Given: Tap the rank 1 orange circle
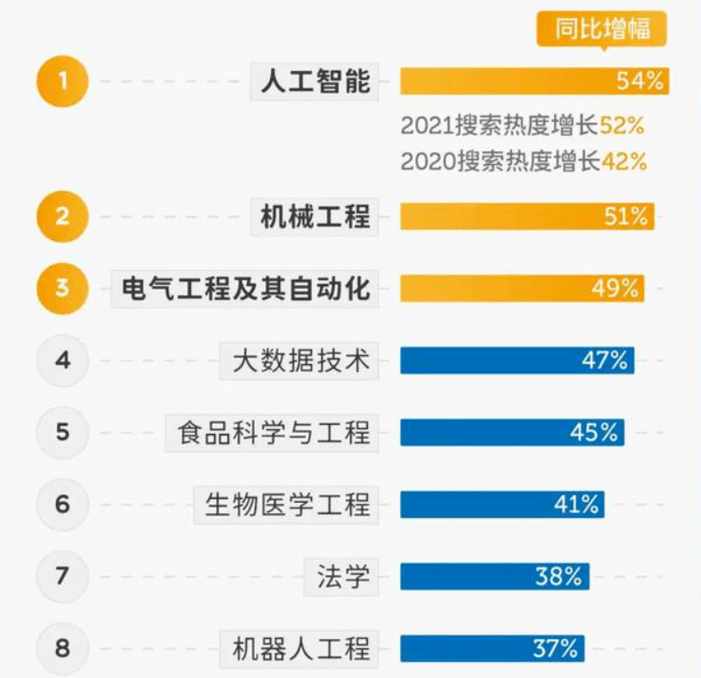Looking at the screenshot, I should pos(62,81).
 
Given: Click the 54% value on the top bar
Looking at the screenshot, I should pos(640,81).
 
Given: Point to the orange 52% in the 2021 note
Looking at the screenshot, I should pos(623,125).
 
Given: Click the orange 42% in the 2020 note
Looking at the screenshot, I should pos(624,160).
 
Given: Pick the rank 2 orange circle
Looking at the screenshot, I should pos(62,217).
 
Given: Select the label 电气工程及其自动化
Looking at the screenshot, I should pos(246,288).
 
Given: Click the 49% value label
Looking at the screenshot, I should pos(615,288).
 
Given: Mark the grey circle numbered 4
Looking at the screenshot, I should pos(62,359).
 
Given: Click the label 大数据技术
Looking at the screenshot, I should pos(301,360).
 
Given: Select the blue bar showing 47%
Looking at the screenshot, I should pos(517,360).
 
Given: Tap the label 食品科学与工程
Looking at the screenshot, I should pos(274,432).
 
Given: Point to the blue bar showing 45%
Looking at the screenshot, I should pos(512,432).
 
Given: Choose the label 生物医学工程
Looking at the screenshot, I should pos(288,504).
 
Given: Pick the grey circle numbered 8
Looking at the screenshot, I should pos(62,647).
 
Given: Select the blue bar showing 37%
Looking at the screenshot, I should pos(492,647).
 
